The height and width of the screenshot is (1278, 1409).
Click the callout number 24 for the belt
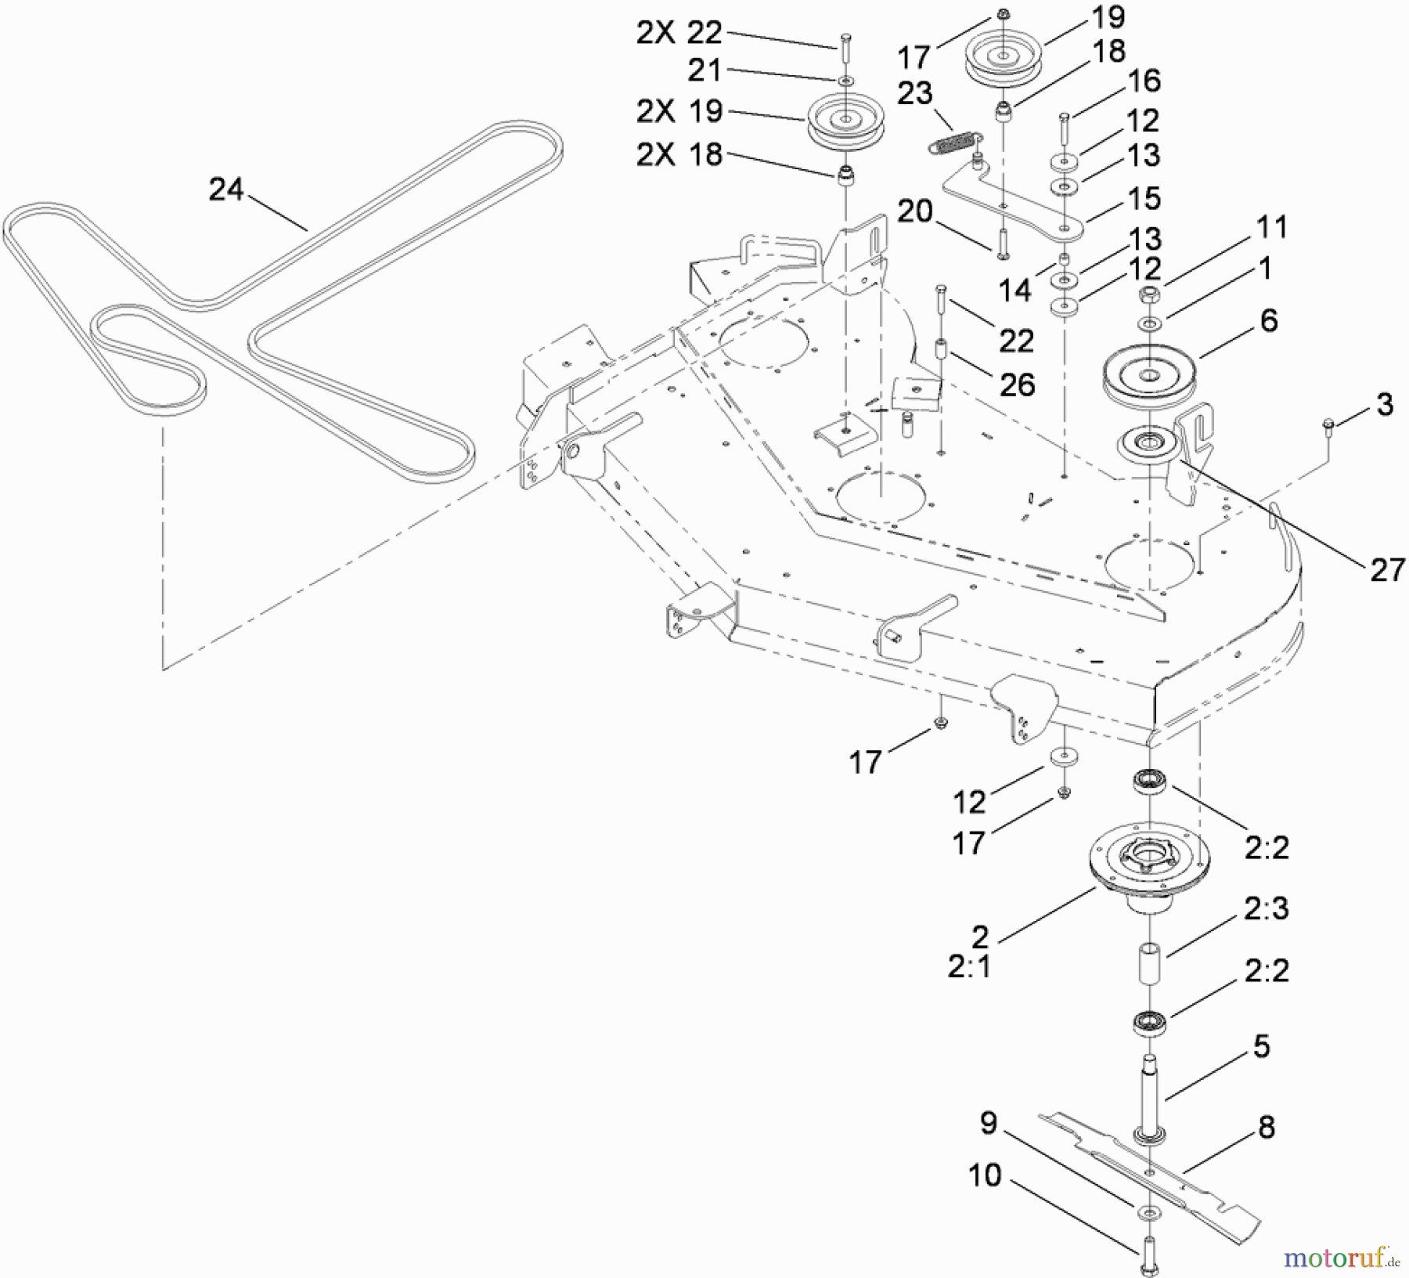[x=226, y=190]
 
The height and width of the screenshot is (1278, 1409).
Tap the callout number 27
[x=1387, y=569]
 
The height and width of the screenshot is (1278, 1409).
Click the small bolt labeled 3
[x=1327, y=425]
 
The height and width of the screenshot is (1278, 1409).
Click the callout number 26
[x=1018, y=384]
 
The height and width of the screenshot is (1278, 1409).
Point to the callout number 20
[x=915, y=211]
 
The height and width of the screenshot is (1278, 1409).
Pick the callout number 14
[x=1015, y=291]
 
